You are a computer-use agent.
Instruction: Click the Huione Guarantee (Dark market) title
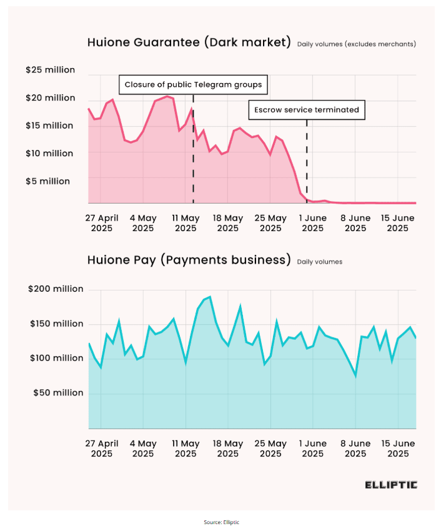pyautogui.click(x=189, y=42)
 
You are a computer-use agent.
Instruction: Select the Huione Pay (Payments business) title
pyautogui.click(x=189, y=260)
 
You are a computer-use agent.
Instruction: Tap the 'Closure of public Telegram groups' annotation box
pyautogui.click(x=193, y=84)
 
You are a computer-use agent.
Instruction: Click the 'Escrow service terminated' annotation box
pyautogui.click(x=307, y=110)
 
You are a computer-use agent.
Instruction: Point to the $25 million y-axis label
pyautogui.click(x=50, y=70)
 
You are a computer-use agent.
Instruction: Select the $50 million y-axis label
pyautogui.click(x=57, y=393)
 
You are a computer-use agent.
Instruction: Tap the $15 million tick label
pyautogui.click(x=50, y=126)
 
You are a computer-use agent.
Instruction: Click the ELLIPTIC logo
pyautogui.click(x=391, y=485)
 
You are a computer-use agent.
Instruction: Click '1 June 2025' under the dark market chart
pyautogui.click(x=313, y=223)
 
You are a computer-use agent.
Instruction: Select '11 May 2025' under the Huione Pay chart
pyautogui.click(x=186, y=449)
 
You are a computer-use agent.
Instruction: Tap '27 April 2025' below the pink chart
pyautogui.click(x=102, y=223)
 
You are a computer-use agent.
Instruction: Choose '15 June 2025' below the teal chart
pyautogui.click(x=398, y=449)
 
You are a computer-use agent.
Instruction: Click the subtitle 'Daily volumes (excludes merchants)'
pyautogui.click(x=356, y=44)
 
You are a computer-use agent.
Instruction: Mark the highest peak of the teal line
pyautogui.click(x=210, y=297)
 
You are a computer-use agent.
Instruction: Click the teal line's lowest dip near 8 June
pyautogui.click(x=356, y=376)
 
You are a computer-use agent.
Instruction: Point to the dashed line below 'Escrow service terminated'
pyautogui.click(x=307, y=162)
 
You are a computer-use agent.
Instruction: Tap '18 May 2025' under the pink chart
pyautogui.click(x=228, y=223)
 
